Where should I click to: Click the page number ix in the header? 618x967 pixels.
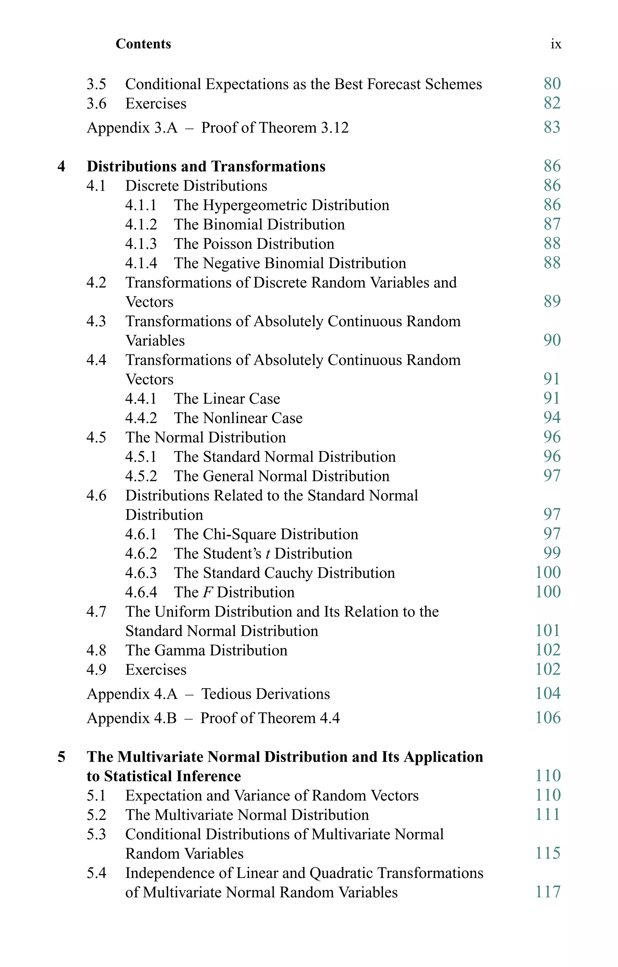[x=556, y=44]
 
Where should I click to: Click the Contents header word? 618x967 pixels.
[x=143, y=44]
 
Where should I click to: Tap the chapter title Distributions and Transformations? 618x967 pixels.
[x=206, y=166]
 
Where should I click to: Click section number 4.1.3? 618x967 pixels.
[x=141, y=244]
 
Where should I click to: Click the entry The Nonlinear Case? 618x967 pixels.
[x=238, y=418]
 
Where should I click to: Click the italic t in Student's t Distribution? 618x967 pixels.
[x=268, y=554]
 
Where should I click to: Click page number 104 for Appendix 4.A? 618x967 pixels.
[x=548, y=694]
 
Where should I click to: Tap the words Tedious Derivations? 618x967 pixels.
[x=265, y=694]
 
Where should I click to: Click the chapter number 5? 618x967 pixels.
[x=61, y=757]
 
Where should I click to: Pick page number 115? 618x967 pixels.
[x=548, y=853]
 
